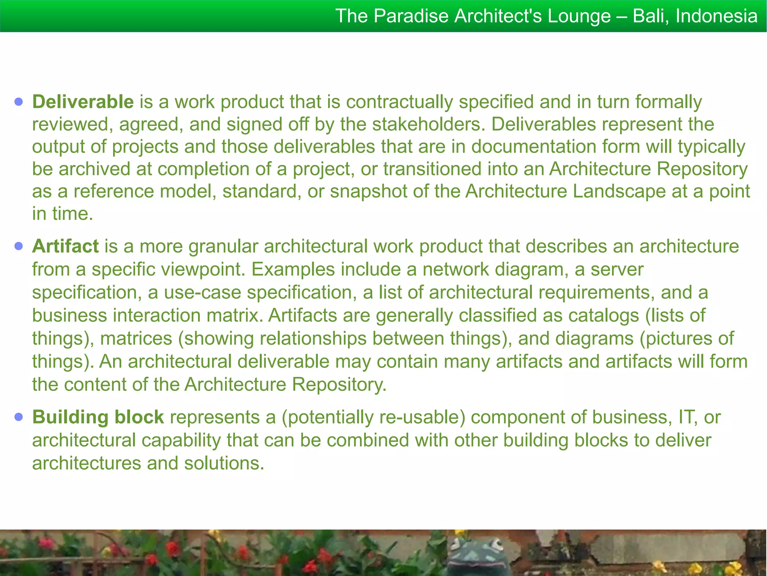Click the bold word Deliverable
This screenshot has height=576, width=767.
(x=83, y=102)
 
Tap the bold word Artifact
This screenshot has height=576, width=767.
(x=65, y=246)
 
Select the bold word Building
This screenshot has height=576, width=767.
(x=70, y=417)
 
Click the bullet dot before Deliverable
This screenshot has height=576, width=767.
(x=19, y=102)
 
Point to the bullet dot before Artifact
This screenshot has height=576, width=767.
(x=19, y=246)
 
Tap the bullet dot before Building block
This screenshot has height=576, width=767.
(x=19, y=417)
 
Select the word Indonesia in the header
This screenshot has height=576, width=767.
(x=716, y=16)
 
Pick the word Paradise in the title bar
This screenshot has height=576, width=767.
(x=411, y=16)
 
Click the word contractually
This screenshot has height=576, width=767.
(x=399, y=102)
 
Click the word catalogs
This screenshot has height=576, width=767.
(x=603, y=316)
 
